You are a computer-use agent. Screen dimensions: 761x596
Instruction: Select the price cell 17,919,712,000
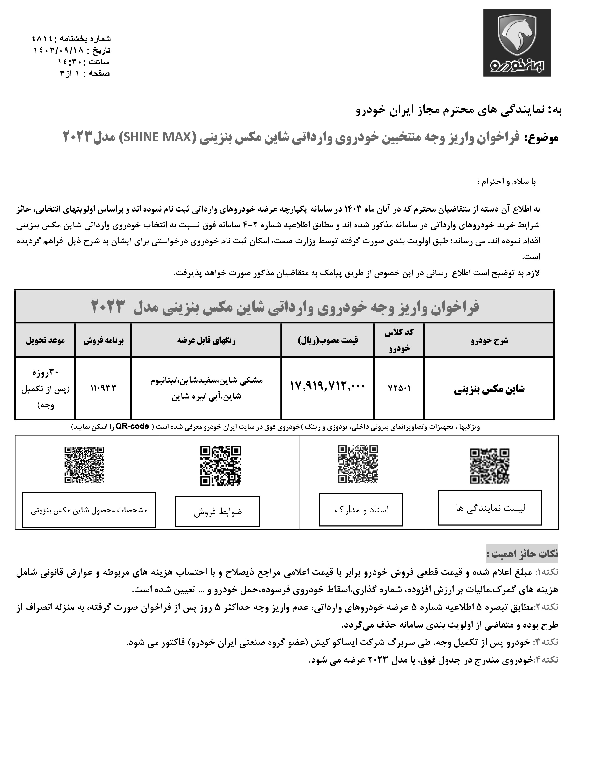[x=327, y=386]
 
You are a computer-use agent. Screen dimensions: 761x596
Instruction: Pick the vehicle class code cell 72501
[x=399, y=388]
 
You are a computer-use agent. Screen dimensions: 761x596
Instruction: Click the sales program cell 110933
[x=103, y=388]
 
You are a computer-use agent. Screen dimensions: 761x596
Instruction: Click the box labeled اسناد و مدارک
[x=361, y=510]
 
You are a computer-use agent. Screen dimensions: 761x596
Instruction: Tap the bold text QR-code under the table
[x=132, y=427]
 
